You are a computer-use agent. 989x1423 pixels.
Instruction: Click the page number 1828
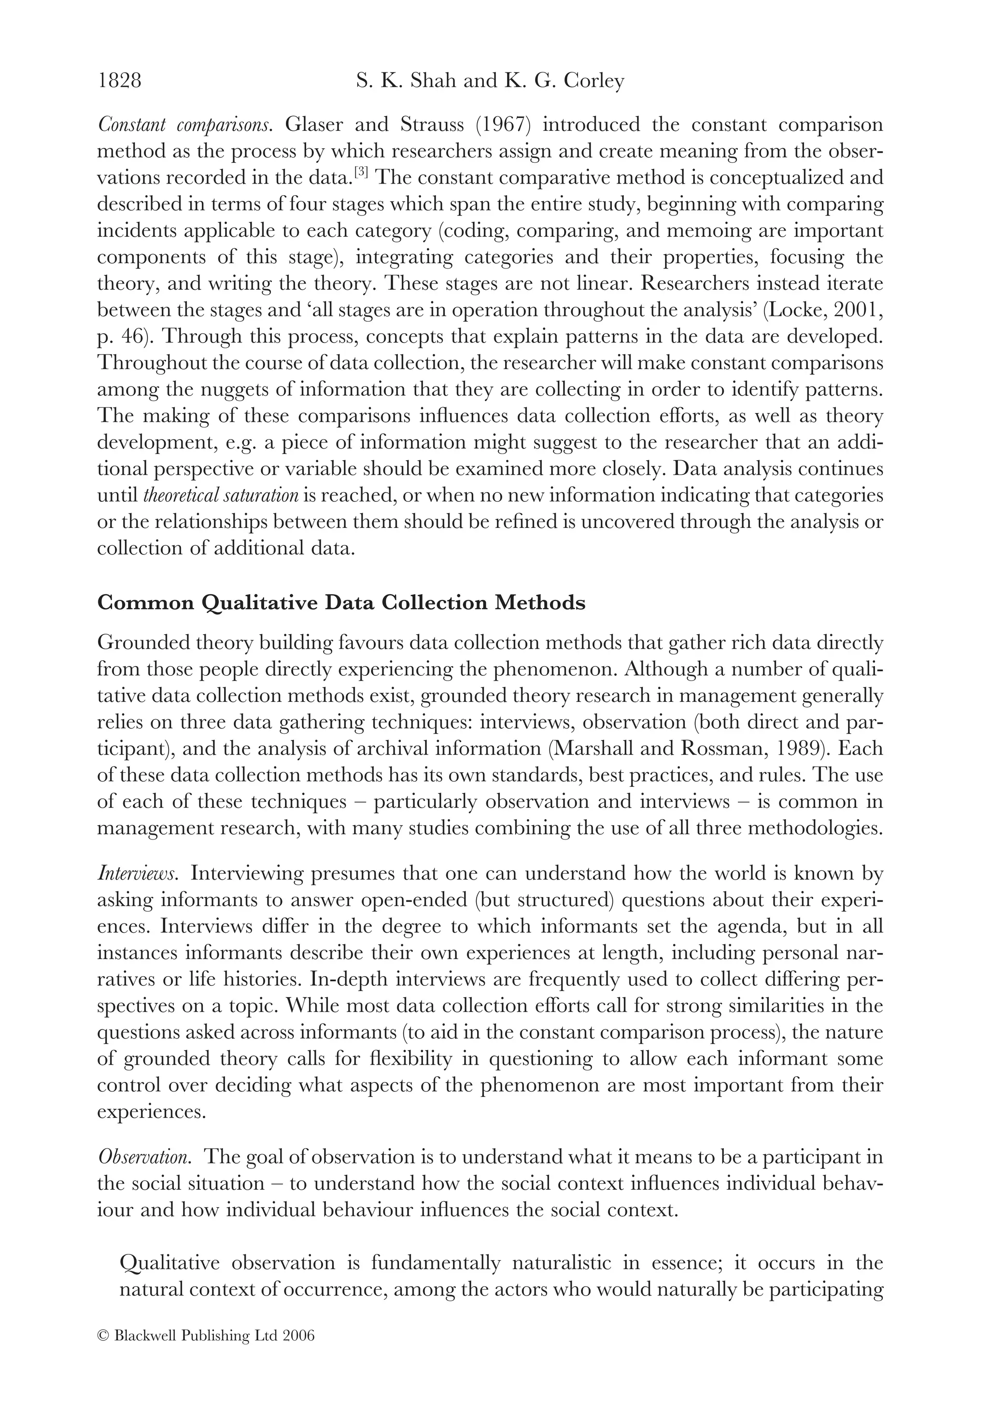point(120,81)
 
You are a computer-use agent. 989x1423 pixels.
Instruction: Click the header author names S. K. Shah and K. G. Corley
point(490,81)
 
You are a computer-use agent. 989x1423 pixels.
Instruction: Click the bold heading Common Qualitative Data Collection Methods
point(341,603)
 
